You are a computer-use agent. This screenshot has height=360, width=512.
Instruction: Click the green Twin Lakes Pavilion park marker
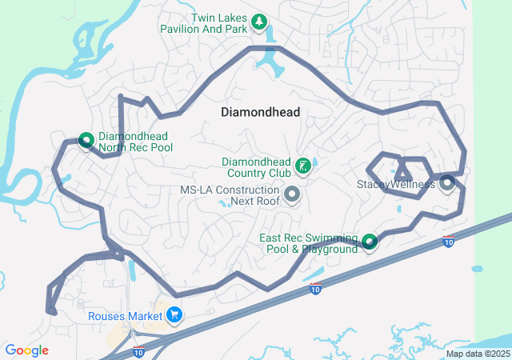click(x=258, y=22)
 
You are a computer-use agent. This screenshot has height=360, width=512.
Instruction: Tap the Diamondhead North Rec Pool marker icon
click(x=86, y=141)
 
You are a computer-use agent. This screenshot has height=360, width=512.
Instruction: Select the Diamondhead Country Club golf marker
click(x=303, y=166)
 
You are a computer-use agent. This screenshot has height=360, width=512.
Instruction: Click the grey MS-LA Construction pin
click(x=292, y=194)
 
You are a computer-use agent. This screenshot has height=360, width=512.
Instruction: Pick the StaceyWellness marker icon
click(x=446, y=183)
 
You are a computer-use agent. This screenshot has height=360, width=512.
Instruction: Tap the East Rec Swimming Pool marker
click(x=369, y=241)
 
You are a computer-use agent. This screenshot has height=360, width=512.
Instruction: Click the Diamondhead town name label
click(x=261, y=112)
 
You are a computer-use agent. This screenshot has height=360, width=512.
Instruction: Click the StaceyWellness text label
click(x=395, y=184)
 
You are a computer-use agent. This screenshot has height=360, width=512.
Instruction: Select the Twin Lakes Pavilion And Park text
click(x=218, y=24)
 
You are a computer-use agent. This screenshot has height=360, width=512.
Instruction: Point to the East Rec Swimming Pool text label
click(x=308, y=243)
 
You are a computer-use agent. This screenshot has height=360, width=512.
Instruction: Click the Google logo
click(x=26, y=350)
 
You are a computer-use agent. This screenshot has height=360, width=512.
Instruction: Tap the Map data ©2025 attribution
click(x=478, y=354)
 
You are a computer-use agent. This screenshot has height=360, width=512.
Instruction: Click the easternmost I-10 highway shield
click(x=449, y=241)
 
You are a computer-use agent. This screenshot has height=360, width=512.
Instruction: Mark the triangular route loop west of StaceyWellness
click(x=402, y=174)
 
